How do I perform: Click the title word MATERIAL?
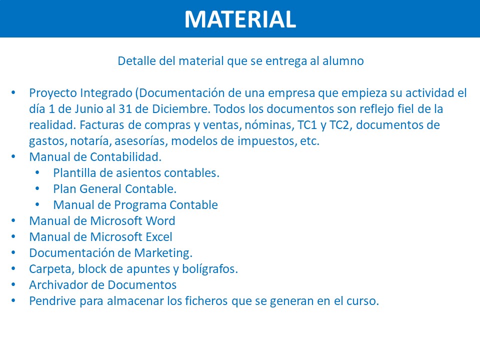coord(240,19)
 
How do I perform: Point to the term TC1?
coord(307,125)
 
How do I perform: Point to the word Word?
coord(160,221)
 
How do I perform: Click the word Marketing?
coord(163,253)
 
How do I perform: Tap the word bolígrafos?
coord(210,269)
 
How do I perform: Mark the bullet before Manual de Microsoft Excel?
coord(13,236)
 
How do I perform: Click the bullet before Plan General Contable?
coord(37,188)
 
